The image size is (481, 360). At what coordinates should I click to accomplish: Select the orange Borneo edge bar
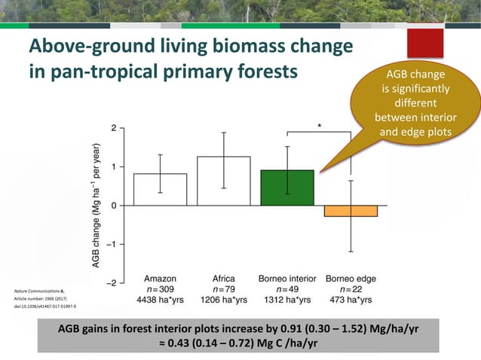[x=350, y=211]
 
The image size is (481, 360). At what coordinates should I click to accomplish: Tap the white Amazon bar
[x=160, y=189]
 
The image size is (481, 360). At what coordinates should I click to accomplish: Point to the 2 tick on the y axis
[x=112, y=128]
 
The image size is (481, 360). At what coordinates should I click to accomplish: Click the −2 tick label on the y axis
[x=110, y=282]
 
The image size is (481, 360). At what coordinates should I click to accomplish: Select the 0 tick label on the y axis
[x=112, y=206]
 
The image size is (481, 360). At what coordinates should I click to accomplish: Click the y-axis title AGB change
[x=97, y=205]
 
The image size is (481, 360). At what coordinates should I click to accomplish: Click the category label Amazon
[x=160, y=278]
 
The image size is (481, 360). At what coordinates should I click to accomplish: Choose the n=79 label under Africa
[x=223, y=289]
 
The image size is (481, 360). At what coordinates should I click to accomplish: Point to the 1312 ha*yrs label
[x=286, y=301]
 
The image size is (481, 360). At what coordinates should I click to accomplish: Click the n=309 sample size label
[x=160, y=289]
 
